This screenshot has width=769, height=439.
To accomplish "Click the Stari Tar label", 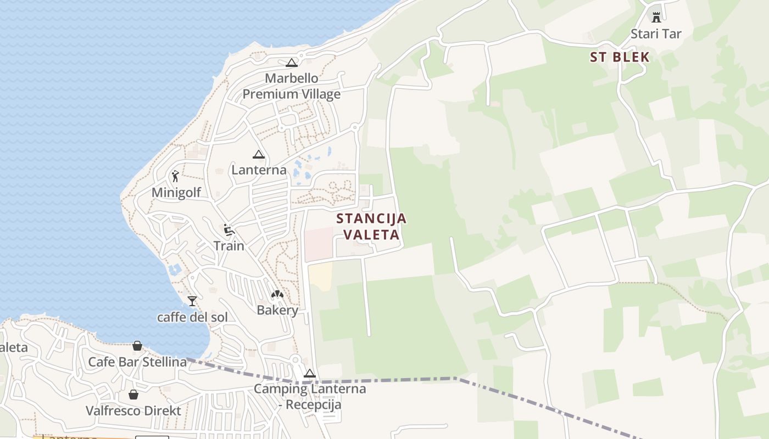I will (656, 34).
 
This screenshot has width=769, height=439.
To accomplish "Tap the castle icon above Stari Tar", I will (656, 17).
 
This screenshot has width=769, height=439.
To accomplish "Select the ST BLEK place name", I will (620, 57).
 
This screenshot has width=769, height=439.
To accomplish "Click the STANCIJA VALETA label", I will (371, 227).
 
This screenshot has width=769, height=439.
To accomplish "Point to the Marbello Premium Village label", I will (292, 86).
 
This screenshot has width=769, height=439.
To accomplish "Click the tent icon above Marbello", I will (291, 63).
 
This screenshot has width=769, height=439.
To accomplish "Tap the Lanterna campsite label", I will (259, 170).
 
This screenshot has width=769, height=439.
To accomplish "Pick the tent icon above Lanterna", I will (258, 154).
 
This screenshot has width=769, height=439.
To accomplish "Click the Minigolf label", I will (176, 193).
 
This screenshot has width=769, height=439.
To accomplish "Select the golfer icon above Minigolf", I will (175, 176).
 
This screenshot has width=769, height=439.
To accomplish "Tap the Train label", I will (229, 246).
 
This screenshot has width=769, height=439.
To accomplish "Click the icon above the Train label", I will (229, 229).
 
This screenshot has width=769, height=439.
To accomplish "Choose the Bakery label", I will (277, 311).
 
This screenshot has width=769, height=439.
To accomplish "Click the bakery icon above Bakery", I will (277, 295).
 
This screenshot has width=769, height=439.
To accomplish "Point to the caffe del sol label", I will (192, 318).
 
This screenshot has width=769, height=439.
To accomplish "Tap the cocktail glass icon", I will (192, 301).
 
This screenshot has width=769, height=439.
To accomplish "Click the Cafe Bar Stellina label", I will (137, 362).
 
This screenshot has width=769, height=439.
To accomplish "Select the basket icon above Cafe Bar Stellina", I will (137, 346).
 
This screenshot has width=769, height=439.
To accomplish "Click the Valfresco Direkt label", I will (133, 410).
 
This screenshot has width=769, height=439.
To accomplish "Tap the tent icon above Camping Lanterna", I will (310, 374).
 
